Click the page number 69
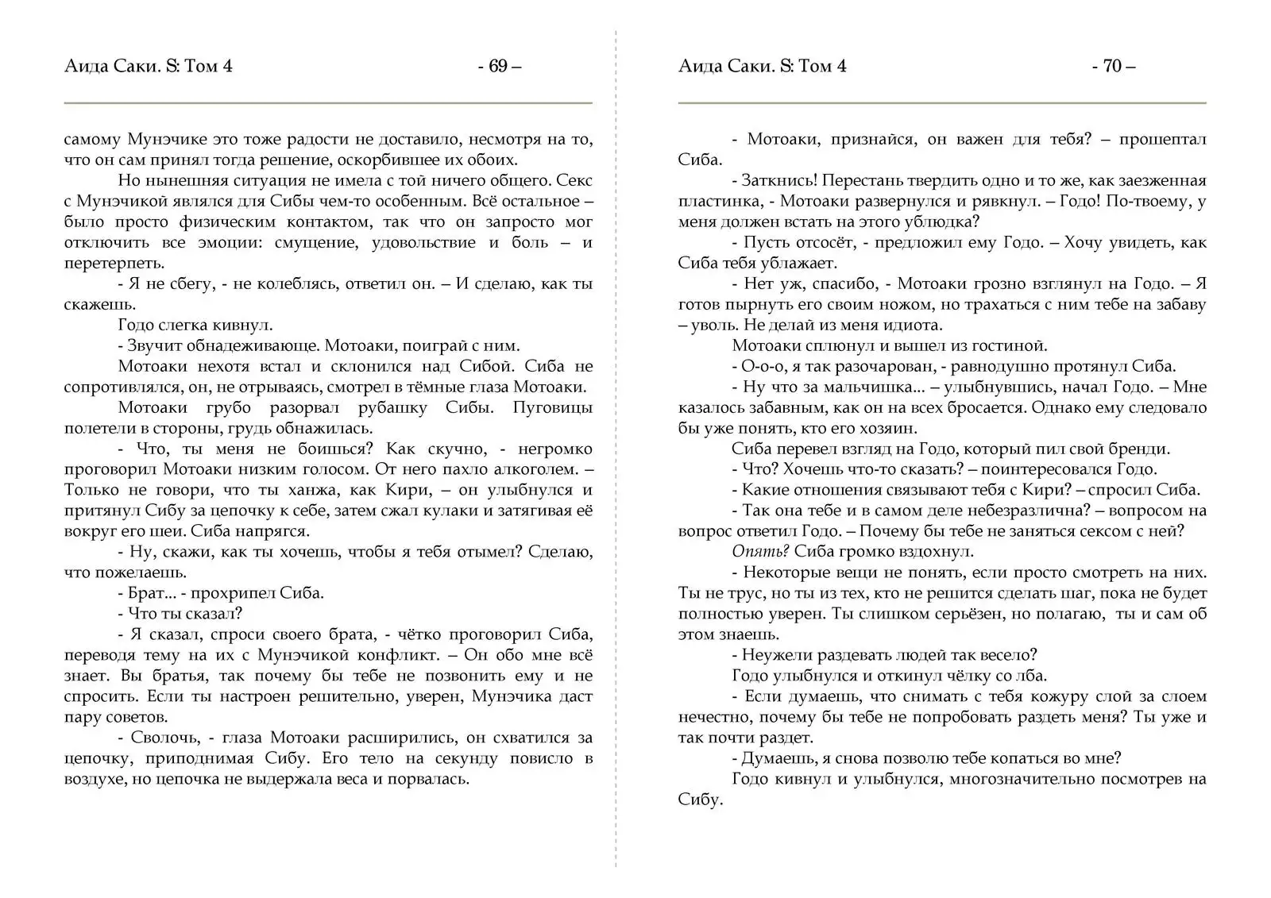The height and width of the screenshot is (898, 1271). tap(499, 67)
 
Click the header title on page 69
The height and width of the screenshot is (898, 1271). tap(149, 67)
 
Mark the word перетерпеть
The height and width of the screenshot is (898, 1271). tap(114, 264)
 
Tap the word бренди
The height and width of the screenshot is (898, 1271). tap(1141, 449)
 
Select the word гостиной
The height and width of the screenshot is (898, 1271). tap(1012, 346)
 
